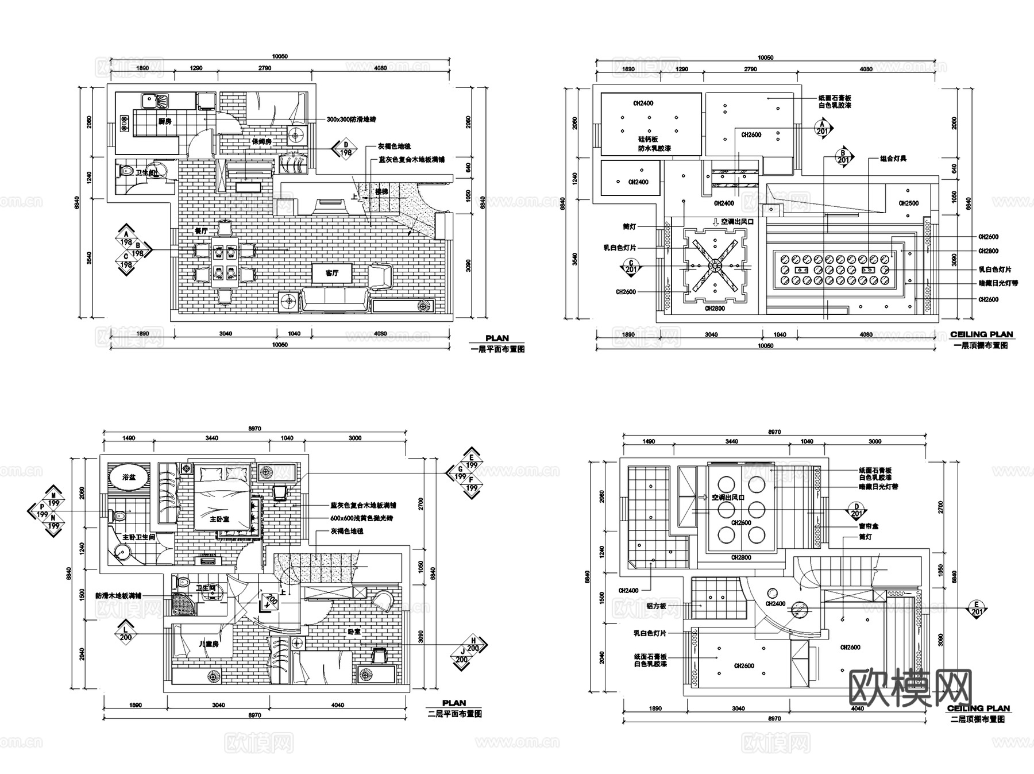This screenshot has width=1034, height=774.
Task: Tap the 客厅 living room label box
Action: (332, 273)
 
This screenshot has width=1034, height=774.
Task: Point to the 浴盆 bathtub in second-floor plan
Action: (129, 477)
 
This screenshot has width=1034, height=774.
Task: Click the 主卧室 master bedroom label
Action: (219, 518)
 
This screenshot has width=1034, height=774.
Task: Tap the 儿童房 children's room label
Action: (209, 644)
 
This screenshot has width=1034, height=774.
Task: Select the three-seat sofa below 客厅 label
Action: (335, 300)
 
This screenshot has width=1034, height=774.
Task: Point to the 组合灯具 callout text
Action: (893, 158)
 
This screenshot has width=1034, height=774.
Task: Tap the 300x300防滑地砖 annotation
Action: (351, 120)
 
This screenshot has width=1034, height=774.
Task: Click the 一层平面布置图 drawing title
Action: (497, 349)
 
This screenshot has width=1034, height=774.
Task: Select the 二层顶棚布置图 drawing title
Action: (978, 719)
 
